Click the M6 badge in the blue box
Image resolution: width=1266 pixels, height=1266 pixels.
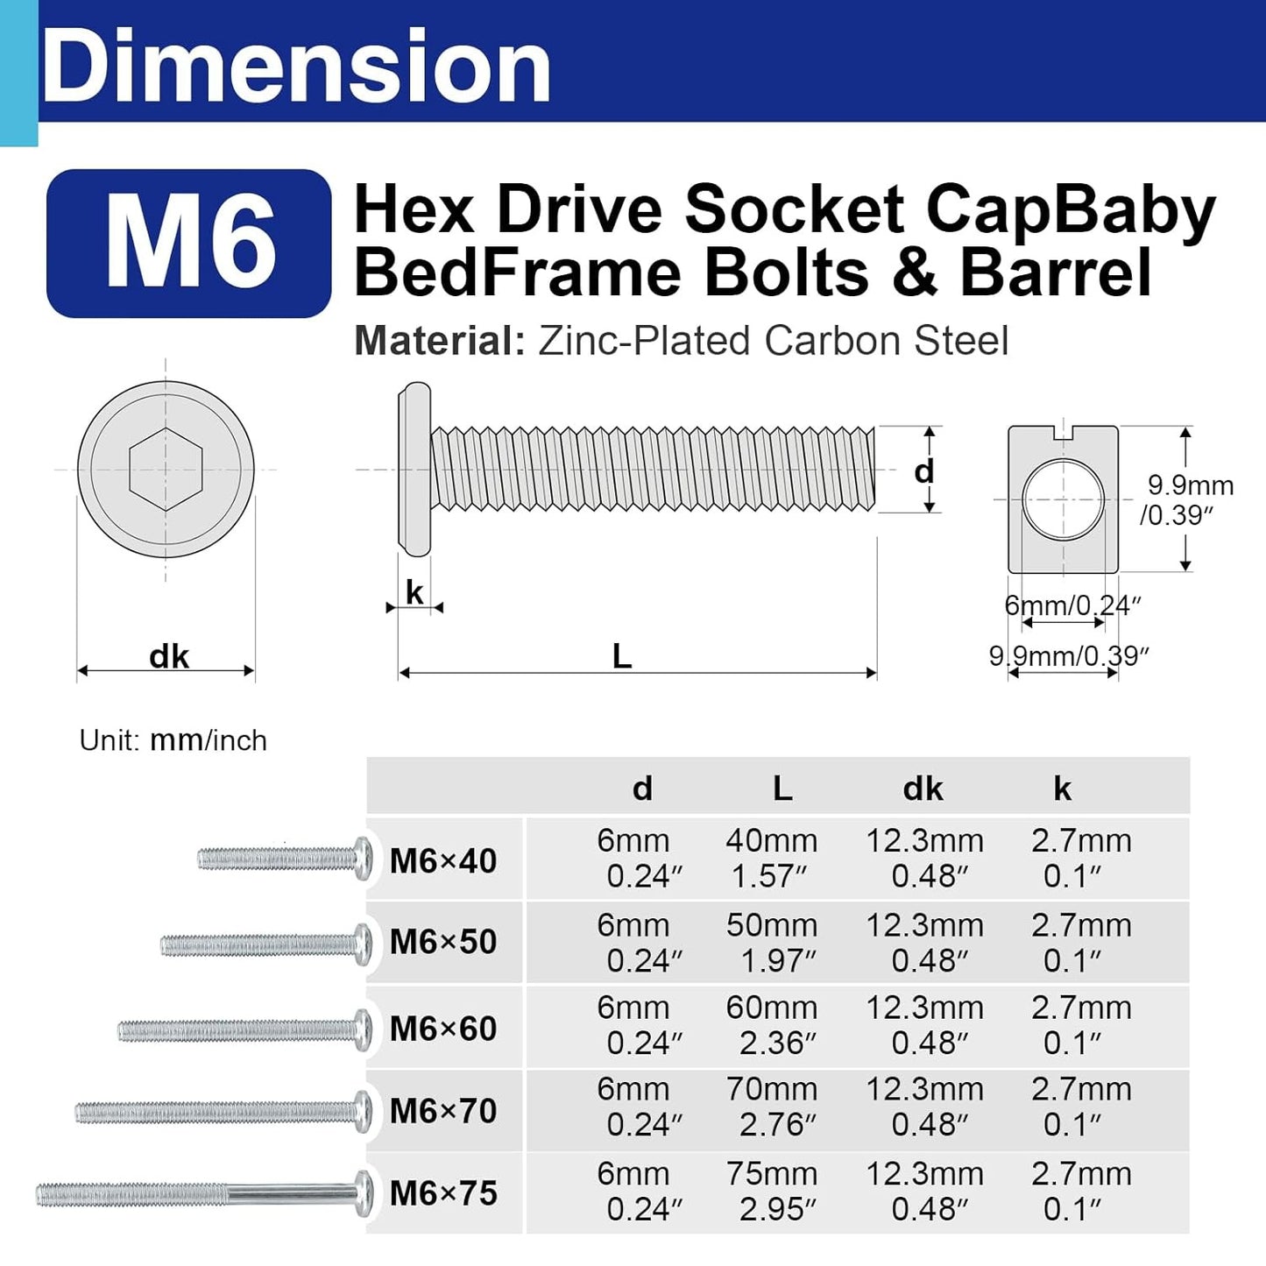(189, 243)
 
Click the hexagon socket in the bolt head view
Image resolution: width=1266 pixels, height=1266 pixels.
(166, 469)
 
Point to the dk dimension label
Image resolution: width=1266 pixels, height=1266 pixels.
(169, 656)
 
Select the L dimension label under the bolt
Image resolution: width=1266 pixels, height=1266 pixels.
(622, 656)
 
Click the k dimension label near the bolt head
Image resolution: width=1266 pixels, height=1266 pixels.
(414, 592)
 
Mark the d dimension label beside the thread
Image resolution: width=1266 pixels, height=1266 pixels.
(923, 471)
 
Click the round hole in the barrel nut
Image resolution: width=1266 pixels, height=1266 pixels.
(1063, 499)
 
